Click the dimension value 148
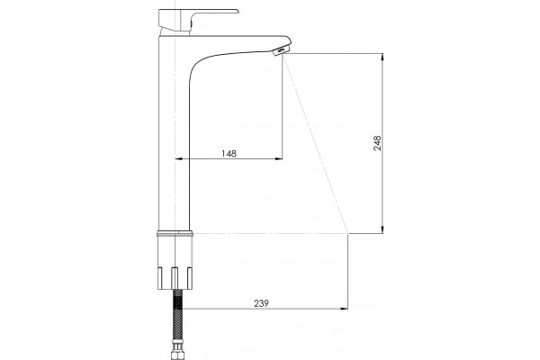point(229,153)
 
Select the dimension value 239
point(261,303)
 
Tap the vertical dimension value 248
point(377,143)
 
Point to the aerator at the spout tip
point(281,51)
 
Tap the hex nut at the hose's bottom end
point(177,351)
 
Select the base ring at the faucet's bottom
point(175,233)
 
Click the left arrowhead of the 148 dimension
point(179,158)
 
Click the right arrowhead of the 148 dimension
point(279,158)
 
